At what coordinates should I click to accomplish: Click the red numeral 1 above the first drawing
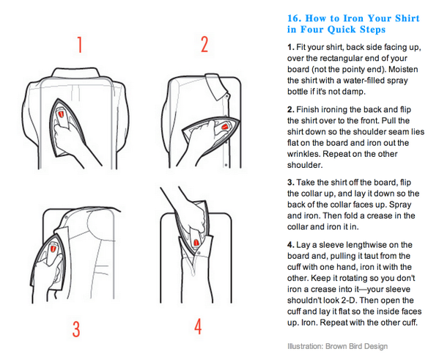pyautogui.click(x=79, y=45)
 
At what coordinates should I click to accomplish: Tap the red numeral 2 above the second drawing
pyautogui.click(x=204, y=45)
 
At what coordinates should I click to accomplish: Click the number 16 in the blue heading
pyautogui.click(x=295, y=18)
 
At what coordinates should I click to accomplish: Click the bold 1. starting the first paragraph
pyautogui.click(x=291, y=48)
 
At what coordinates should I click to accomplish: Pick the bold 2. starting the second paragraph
pyautogui.click(x=291, y=109)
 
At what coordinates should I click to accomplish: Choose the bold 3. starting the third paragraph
pyautogui.click(x=291, y=181)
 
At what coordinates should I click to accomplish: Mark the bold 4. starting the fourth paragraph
pyautogui.click(x=291, y=243)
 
